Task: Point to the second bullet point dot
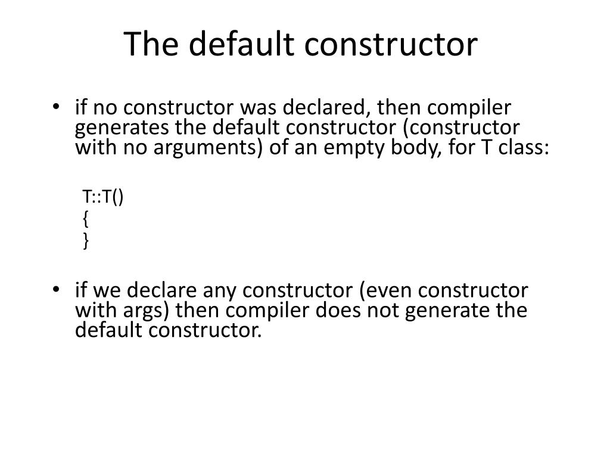56,291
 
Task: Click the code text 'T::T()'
103,197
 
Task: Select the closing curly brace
86,240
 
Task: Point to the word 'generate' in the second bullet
447,311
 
